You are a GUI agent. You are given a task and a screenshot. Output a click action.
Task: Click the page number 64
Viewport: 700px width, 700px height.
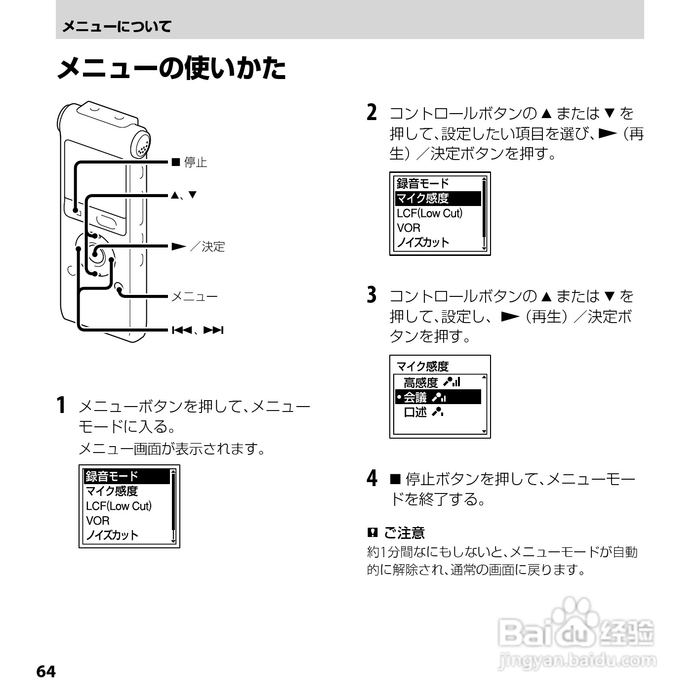pos(46,671)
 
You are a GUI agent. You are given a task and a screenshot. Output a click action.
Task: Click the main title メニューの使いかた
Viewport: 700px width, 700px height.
pos(171,68)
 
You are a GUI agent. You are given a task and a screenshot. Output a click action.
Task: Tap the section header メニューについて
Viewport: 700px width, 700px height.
pos(117,26)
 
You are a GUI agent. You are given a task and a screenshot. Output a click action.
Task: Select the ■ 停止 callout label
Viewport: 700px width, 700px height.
pos(189,162)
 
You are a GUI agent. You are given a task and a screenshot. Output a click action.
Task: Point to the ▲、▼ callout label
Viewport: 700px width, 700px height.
pos(184,195)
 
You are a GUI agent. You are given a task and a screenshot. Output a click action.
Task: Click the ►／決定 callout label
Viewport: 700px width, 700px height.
pos(198,247)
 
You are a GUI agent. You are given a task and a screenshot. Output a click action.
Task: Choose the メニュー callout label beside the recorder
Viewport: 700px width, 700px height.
pos(194,296)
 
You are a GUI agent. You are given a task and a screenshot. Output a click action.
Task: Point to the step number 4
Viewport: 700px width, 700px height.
pos(372,478)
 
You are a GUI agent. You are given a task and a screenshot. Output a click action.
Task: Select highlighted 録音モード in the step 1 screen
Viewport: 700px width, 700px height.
pos(112,476)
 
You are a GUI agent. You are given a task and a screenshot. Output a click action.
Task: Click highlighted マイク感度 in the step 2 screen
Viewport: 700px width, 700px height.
pos(423,199)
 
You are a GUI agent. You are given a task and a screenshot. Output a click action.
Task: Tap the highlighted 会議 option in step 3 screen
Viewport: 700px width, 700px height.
pos(415,397)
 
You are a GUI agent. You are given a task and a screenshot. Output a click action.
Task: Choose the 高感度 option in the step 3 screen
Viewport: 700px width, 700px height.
pos(420,382)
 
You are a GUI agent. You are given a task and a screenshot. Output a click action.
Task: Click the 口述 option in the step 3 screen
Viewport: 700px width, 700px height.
pos(415,412)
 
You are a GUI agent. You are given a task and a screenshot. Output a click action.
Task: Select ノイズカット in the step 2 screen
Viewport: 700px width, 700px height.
pos(423,243)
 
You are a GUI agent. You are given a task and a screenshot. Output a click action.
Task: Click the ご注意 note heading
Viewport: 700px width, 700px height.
pos(404,533)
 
